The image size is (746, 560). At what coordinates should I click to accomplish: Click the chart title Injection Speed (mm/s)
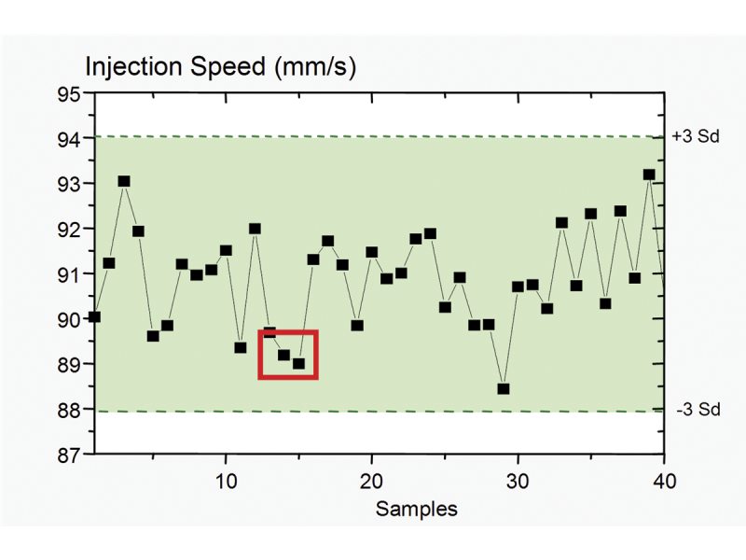click(221, 66)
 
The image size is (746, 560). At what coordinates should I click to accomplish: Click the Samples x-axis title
click(417, 509)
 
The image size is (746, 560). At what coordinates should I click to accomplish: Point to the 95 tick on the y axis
click(69, 93)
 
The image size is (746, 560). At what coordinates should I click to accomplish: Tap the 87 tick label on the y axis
click(69, 455)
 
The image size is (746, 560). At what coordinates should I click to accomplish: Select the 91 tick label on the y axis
click(69, 274)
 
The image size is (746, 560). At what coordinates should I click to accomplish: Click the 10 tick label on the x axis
click(227, 480)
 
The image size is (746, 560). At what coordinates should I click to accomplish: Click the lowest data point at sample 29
click(504, 388)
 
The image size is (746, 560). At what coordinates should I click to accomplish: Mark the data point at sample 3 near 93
click(124, 181)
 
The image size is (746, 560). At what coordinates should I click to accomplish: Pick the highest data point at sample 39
click(649, 175)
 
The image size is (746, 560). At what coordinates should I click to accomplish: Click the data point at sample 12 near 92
click(255, 229)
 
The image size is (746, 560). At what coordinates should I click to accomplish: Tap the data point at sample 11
click(241, 347)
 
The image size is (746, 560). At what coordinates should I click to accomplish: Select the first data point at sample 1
click(94, 316)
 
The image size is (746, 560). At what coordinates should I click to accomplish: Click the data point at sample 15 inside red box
click(298, 363)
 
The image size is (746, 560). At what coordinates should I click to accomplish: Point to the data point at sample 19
click(357, 326)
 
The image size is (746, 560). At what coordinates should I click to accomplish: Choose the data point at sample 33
click(561, 223)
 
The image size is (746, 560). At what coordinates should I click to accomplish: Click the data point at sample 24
click(430, 233)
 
